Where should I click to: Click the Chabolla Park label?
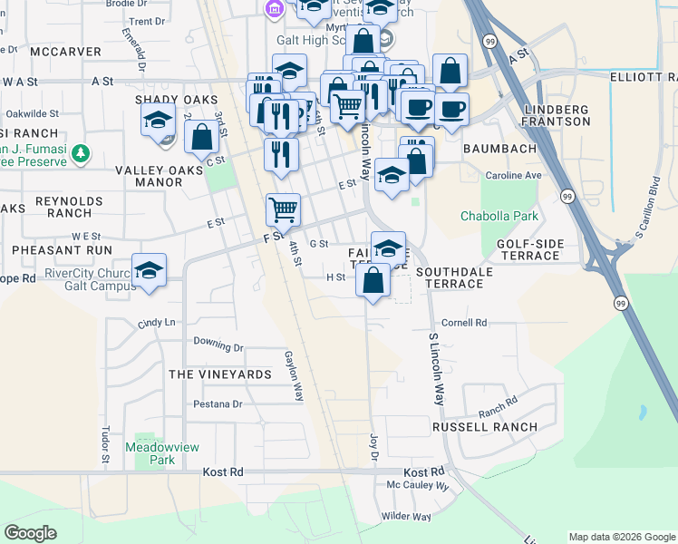(499, 216)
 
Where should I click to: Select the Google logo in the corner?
(30, 533)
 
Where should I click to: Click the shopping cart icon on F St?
(284, 209)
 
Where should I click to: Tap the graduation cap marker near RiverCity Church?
(149, 271)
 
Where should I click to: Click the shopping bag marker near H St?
(373, 280)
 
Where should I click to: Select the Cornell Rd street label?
(464, 322)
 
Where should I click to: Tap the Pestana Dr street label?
(218, 403)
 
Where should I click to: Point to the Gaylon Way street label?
(295, 376)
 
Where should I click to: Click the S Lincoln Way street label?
(437, 367)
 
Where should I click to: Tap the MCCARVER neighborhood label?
(65, 52)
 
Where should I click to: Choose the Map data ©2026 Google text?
(621, 537)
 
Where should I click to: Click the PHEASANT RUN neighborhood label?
(63, 248)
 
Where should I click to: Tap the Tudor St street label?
(105, 446)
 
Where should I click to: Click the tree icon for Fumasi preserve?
(82, 153)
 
